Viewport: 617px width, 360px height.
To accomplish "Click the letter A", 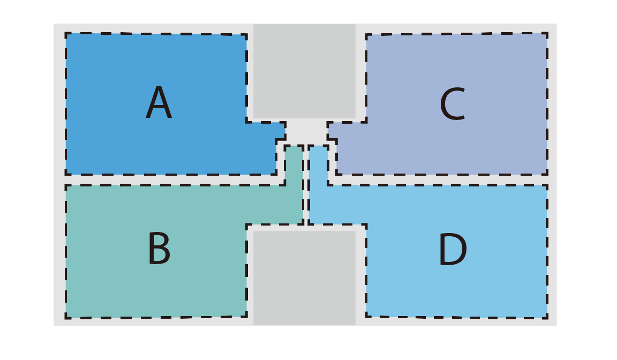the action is (159, 102).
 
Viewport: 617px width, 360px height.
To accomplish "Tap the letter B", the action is (160, 248).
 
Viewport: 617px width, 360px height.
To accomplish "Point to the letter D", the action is (453, 249).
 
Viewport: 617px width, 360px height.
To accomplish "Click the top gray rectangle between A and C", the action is (304, 71).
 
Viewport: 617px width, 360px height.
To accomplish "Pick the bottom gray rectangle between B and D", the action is (304, 278).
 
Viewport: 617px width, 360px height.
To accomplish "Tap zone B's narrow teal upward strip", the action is (294, 184).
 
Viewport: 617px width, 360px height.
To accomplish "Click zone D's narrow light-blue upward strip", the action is (318, 184).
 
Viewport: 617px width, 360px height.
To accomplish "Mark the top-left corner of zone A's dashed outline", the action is (66, 33).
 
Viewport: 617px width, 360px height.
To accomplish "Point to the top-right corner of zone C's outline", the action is (547, 33).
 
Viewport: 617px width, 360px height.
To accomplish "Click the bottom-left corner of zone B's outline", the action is (66, 318).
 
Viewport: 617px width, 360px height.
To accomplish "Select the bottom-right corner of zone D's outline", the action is (547, 318).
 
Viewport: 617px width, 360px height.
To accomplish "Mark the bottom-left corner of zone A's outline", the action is (66, 174).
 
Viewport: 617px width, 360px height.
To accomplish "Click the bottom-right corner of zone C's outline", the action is (547, 174).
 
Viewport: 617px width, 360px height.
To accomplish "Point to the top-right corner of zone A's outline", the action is (247, 35).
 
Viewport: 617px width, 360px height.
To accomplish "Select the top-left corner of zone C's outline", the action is (366, 35).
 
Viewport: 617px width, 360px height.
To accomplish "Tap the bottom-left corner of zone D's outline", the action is (366, 316).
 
